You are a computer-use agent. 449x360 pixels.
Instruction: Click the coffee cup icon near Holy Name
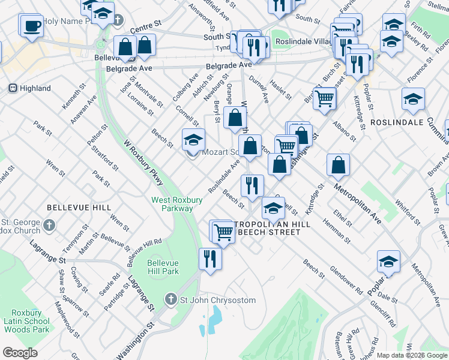[x=32, y=26]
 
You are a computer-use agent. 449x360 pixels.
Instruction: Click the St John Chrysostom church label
[x=210, y=300]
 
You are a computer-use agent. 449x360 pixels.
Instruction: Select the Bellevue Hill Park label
[x=163, y=266]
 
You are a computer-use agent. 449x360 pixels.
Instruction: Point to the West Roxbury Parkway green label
[x=172, y=203]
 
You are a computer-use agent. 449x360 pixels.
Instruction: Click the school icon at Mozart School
[x=193, y=141]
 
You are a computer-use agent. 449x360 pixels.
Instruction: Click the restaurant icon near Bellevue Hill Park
[x=209, y=259]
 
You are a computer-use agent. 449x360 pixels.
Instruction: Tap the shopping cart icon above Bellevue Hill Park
[x=223, y=231]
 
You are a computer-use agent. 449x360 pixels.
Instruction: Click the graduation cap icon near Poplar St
[x=388, y=261]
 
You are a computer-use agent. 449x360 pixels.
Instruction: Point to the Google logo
[x=20, y=353]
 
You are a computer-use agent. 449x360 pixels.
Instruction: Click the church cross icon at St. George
[x=49, y=226]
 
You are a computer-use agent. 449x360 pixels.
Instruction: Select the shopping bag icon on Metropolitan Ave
[x=339, y=166]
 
